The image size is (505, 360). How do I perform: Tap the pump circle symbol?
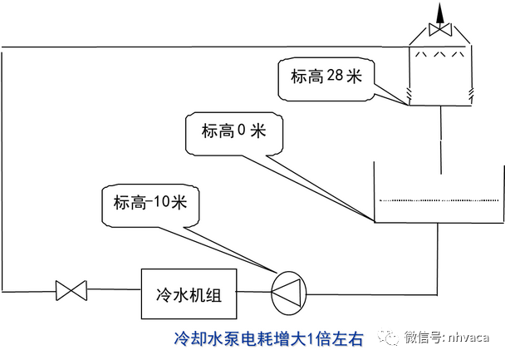tap(289, 292)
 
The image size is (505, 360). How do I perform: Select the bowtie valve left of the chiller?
tap(71, 292)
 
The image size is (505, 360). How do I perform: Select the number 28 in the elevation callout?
tap(334, 76)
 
